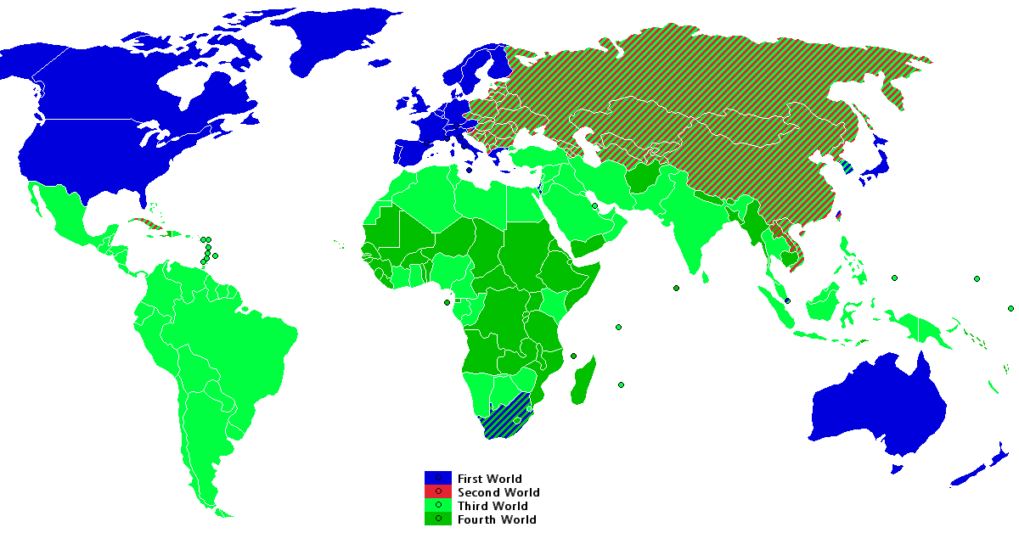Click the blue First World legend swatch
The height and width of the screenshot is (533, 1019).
coord(437,479)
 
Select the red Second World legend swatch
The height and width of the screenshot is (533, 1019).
coord(437,492)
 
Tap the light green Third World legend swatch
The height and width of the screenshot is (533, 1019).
coord(437,506)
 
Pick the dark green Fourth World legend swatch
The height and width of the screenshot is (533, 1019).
coord(437,519)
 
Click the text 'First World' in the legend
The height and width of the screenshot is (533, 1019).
coord(490,479)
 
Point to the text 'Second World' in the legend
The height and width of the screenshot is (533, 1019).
coord(498,492)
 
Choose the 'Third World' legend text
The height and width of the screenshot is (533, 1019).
coord(493,506)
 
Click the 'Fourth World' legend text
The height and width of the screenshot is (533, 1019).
coord(497,519)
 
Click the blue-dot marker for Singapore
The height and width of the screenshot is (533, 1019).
coord(788,300)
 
